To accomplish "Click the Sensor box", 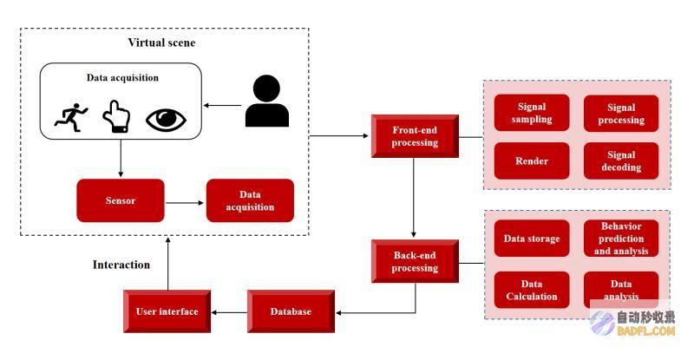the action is [121, 200].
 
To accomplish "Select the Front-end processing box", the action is [415, 136].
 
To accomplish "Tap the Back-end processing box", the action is [415, 261].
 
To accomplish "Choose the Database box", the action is [291, 311].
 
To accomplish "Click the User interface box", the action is [167, 311].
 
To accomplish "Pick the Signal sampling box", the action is [532, 113].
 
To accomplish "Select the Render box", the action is [532, 160].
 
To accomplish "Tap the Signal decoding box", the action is [621, 160].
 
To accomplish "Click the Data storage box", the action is [532, 239].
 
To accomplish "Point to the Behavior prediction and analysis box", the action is [621, 239].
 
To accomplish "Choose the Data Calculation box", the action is [532, 290].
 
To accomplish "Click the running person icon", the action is [71, 118].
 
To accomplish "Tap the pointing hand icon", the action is [116, 117].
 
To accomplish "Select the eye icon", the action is [166, 120].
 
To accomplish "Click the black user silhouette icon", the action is [267, 101].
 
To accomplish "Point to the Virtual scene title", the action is [161, 43].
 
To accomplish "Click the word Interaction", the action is [121, 265].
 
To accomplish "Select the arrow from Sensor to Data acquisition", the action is [185, 203].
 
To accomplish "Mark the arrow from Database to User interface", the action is [229, 312].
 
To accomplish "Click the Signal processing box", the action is [621, 114].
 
